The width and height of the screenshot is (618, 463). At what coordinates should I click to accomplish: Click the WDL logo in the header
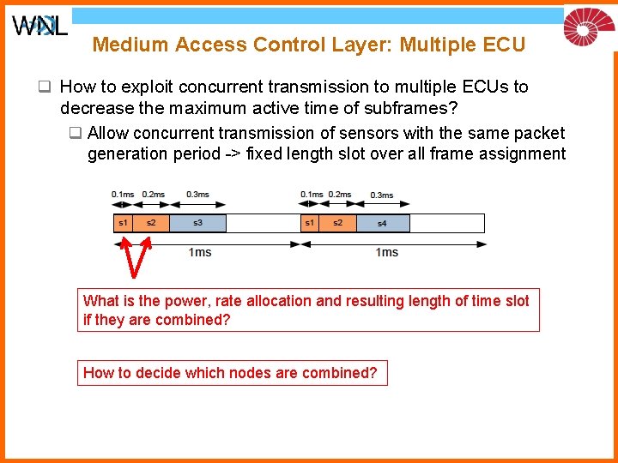[39, 26]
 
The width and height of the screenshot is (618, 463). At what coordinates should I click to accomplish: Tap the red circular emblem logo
[589, 26]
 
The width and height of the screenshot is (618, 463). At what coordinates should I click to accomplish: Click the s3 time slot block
[197, 223]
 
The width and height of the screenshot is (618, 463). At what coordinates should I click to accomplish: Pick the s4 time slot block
[382, 223]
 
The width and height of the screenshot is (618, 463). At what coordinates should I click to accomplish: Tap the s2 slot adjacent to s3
[151, 223]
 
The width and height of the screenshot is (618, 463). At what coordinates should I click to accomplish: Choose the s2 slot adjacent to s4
[337, 223]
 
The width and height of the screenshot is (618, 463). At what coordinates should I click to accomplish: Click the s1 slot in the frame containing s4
[310, 223]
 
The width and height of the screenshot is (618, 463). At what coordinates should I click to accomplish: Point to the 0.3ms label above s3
[198, 195]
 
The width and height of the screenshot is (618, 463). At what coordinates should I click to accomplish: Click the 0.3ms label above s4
[382, 195]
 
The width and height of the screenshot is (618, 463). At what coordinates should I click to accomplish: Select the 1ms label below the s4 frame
[387, 252]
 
